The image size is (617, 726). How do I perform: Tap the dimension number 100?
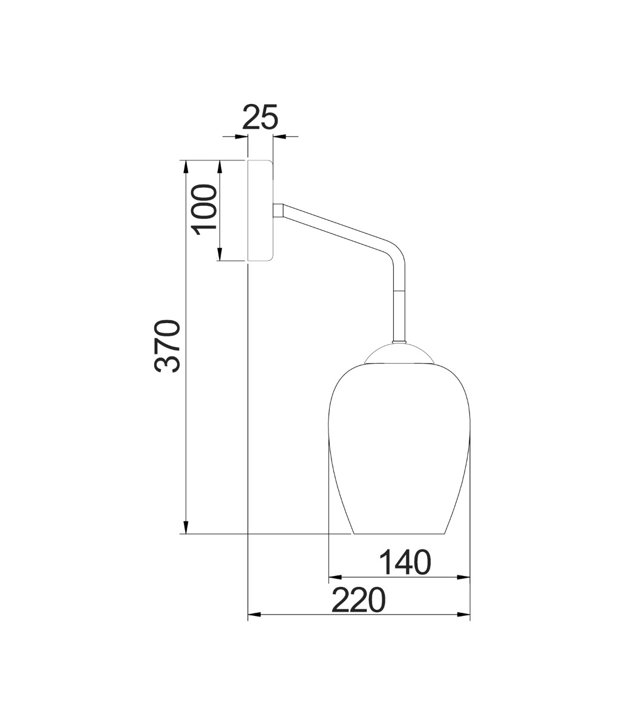(x=204, y=211)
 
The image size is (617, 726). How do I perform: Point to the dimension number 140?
(x=405, y=562)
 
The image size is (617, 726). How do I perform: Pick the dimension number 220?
(x=359, y=601)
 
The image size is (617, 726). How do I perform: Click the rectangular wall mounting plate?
(x=261, y=211)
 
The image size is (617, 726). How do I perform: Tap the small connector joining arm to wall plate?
(x=278, y=210)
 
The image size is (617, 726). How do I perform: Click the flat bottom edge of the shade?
(x=399, y=534)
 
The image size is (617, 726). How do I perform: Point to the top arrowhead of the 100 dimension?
(x=221, y=166)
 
